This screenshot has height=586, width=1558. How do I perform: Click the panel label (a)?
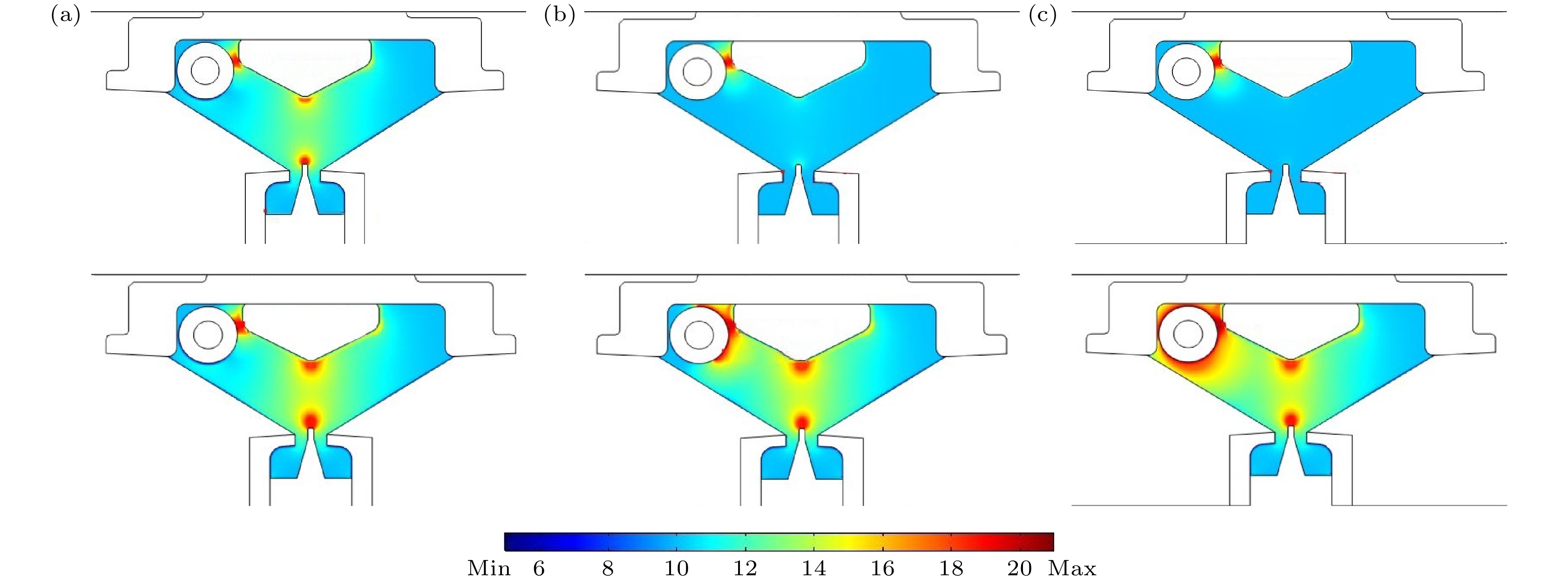point(65,16)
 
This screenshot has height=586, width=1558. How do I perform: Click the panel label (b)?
point(559,16)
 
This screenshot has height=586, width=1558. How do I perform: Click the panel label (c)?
point(1043,16)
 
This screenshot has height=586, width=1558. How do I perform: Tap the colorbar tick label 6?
point(539,568)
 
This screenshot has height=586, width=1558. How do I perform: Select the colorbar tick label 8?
point(608,568)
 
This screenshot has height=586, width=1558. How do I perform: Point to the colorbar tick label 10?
point(676,568)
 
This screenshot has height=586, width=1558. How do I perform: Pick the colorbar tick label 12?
point(745,568)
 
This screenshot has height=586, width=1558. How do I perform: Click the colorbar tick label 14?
point(814,568)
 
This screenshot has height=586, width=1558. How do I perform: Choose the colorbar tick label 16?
point(882,568)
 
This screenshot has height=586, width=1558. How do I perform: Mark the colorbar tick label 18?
point(951,568)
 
